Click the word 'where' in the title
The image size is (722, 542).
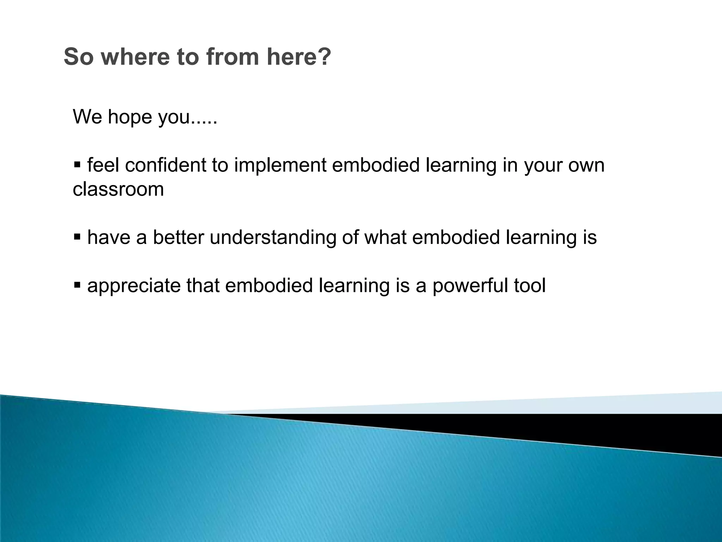click(x=135, y=57)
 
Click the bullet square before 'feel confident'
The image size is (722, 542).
click(x=78, y=164)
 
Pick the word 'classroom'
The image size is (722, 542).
click(x=118, y=189)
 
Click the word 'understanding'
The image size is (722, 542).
click(x=273, y=238)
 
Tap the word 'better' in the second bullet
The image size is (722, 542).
click(x=178, y=237)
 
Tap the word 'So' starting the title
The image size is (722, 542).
click(x=79, y=57)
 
